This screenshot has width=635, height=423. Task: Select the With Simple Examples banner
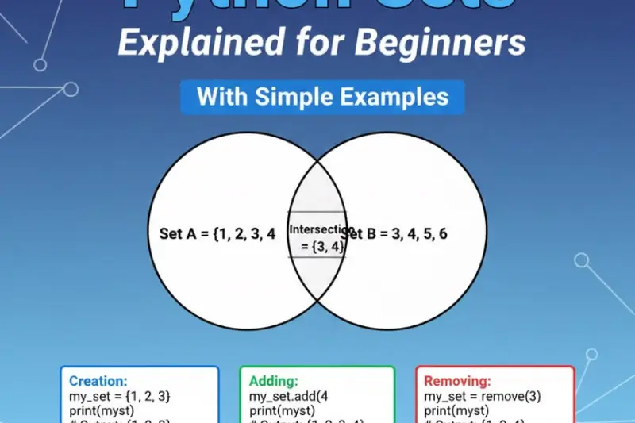(322, 97)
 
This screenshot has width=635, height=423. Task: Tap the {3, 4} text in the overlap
(321, 247)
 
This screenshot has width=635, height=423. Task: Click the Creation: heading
(98, 381)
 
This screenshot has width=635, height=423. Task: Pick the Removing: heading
(457, 381)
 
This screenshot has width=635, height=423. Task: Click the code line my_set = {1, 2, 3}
(120, 396)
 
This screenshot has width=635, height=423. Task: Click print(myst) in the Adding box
(282, 410)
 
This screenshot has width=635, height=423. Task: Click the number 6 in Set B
(443, 233)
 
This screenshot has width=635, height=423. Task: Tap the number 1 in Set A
(226, 233)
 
